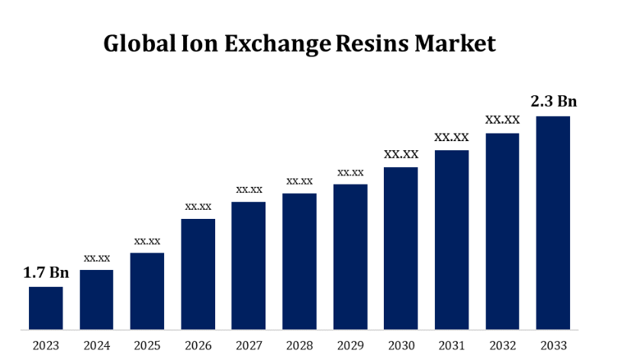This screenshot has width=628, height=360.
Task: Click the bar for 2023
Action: point(46,308)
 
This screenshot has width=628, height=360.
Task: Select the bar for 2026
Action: point(198,275)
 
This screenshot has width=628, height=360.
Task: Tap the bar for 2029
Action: point(350,257)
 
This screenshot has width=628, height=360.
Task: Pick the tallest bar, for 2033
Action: point(553,223)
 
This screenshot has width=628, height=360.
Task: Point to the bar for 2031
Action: point(452,240)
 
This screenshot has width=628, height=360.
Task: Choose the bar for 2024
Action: point(96,300)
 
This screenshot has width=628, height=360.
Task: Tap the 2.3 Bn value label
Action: point(553,101)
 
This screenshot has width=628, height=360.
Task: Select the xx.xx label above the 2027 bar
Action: point(249,188)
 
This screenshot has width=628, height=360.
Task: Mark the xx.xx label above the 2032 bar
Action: point(502,120)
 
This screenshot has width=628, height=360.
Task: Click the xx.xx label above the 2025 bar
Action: point(147,241)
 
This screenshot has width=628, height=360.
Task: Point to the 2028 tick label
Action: point(300,346)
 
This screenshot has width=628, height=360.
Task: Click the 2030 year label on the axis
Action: point(401,346)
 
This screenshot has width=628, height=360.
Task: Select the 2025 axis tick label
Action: point(147,346)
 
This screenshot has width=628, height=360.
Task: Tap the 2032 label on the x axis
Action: point(502,346)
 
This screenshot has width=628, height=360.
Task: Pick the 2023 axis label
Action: point(46,346)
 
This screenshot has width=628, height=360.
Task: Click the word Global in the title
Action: point(139,43)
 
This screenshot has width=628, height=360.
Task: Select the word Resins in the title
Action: point(372,43)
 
